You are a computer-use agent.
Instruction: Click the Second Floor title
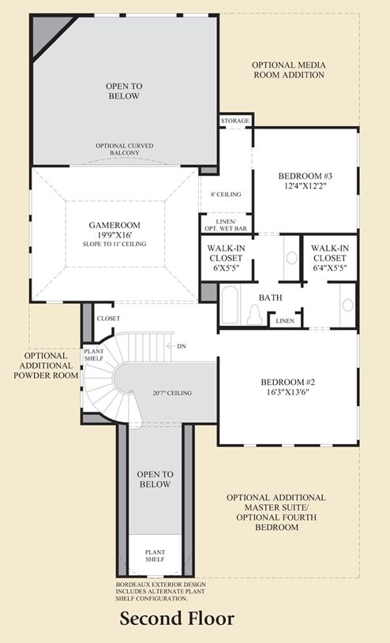(x=177, y=619)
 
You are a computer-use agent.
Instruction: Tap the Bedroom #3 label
(x=305, y=177)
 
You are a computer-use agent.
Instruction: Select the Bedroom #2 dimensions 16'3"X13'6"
(x=288, y=392)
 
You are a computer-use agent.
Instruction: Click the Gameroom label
(x=114, y=225)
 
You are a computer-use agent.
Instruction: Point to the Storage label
(x=235, y=121)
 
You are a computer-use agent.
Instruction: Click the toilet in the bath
(x=254, y=315)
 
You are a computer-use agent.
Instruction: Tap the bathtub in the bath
(x=230, y=305)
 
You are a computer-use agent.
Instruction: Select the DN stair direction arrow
(x=171, y=346)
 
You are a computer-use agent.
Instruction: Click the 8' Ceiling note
(x=226, y=194)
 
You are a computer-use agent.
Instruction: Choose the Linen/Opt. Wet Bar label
(x=226, y=225)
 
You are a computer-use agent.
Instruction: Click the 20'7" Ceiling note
(x=172, y=393)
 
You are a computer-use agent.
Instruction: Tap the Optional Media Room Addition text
(x=289, y=70)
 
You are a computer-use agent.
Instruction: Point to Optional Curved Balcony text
(x=125, y=149)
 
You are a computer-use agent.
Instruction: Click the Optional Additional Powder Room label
(x=46, y=366)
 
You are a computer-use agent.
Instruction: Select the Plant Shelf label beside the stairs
(x=94, y=355)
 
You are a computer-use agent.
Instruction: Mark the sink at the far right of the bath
(x=347, y=305)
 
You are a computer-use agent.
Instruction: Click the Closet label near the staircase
(x=108, y=318)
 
